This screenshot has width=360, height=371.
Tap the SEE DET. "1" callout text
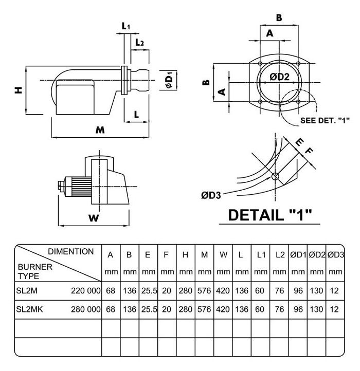[325, 121]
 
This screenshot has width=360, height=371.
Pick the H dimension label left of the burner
[19, 90]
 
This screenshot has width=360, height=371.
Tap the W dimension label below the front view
[93, 218]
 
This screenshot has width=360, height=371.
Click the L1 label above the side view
[126, 25]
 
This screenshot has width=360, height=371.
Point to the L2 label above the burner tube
[139, 43]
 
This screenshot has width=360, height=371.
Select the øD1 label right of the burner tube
[169, 81]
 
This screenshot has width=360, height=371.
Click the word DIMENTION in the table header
[70, 252]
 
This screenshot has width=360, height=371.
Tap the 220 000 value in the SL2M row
[84, 291]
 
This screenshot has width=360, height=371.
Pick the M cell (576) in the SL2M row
[204, 291]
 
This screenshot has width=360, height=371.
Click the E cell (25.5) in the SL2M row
[149, 291]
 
